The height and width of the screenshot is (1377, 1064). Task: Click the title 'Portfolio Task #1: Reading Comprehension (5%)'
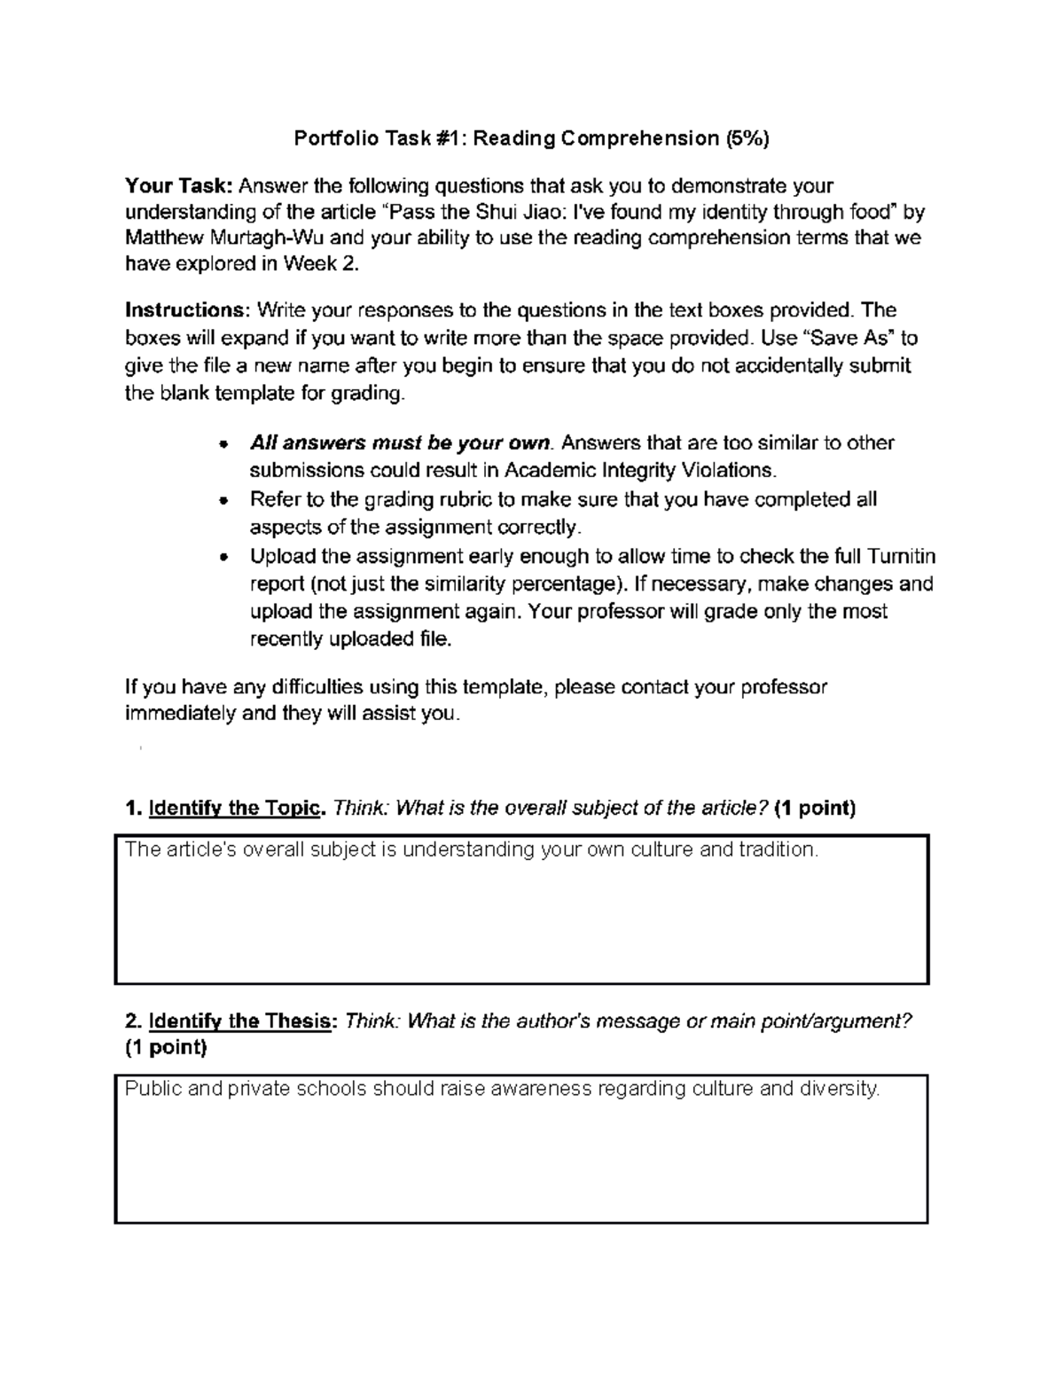pos(531,138)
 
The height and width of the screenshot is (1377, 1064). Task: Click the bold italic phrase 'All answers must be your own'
pos(401,442)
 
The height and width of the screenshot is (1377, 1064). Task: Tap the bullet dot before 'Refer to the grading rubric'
pos(224,500)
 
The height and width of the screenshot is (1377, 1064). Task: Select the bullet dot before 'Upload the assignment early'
pos(224,557)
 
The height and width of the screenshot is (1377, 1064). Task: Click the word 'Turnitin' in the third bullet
pos(901,557)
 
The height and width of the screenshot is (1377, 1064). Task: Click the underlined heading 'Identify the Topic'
pos(236,808)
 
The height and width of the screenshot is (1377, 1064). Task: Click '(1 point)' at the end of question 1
pos(814,808)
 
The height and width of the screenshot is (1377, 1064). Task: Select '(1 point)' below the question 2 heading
pos(166,1047)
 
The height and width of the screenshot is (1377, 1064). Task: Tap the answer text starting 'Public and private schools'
pos(502,1089)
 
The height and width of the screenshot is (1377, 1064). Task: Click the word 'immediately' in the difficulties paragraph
pos(180,714)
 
